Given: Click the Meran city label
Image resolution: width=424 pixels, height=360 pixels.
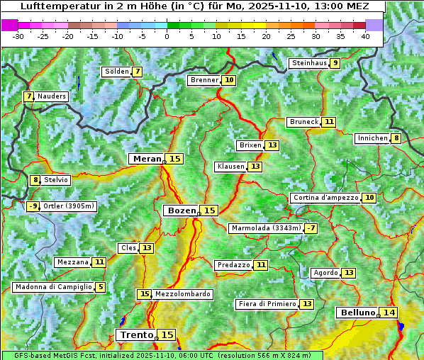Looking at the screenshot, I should pyautogui.click(x=147, y=159).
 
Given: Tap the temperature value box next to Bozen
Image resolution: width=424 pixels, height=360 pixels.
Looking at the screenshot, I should pyautogui.click(x=210, y=210).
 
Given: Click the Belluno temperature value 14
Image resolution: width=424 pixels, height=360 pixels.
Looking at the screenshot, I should pyautogui.click(x=389, y=313).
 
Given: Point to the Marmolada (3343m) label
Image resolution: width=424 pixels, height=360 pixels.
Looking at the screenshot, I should pyautogui.click(x=266, y=228).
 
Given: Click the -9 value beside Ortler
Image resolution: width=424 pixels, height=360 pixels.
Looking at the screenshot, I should pyautogui.click(x=33, y=206).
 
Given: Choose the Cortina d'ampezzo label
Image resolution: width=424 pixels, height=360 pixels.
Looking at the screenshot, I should pyautogui.click(x=325, y=198).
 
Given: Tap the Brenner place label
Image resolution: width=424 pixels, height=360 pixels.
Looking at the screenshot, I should pyautogui.click(x=204, y=80).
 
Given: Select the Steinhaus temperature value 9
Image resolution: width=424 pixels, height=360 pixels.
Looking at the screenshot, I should pyautogui.click(x=335, y=63).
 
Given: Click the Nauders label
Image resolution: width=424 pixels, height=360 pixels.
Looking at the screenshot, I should pyautogui.click(x=52, y=96).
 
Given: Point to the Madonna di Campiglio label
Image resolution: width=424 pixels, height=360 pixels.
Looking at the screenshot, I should pyautogui.click(x=53, y=287).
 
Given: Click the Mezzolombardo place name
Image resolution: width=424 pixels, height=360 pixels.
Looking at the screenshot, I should pyautogui.click(x=182, y=294).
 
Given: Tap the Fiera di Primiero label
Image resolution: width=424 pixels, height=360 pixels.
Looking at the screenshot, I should pyautogui.click(x=267, y=304).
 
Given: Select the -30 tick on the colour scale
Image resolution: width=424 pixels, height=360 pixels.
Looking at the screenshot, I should pyautogui.click(x=18, y=36).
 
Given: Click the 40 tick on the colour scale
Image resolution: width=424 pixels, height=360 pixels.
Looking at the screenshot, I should pyautogui.click(x=365, y=36).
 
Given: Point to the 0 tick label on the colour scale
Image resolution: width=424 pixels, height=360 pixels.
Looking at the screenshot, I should pyautogui.click(x=167, y=36).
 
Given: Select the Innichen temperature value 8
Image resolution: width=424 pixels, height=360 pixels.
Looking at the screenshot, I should pyautogui.click(x=396, y=138).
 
